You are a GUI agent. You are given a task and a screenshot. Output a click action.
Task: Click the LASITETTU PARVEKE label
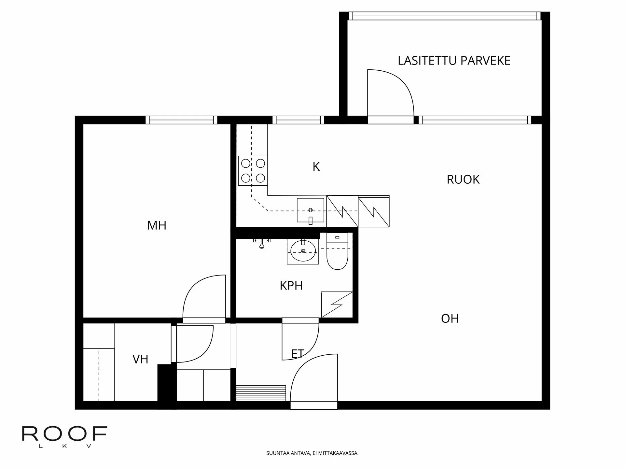tap(454, 61)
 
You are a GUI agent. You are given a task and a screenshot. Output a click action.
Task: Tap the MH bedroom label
tap(157, 225)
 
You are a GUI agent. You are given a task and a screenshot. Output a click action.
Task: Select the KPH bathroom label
tap(291, 286)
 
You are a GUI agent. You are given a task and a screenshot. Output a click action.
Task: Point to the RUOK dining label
tap(463, 179)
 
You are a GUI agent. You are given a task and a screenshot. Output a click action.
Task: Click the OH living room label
tap(450, 319)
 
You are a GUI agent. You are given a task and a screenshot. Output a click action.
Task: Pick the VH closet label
tap(140, 359)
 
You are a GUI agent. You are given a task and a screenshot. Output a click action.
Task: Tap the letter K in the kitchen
tap(316, 167)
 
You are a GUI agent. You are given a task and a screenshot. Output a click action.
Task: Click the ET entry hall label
tap(298, 354)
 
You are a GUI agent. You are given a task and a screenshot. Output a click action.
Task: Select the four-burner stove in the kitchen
tap(253, 171)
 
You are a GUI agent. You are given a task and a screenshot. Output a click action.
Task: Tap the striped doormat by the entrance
tap(261, 393)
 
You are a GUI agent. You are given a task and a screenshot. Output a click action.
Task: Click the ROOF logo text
tap(64, 434)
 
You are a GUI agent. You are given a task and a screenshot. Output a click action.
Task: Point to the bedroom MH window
tap(181, 120)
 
